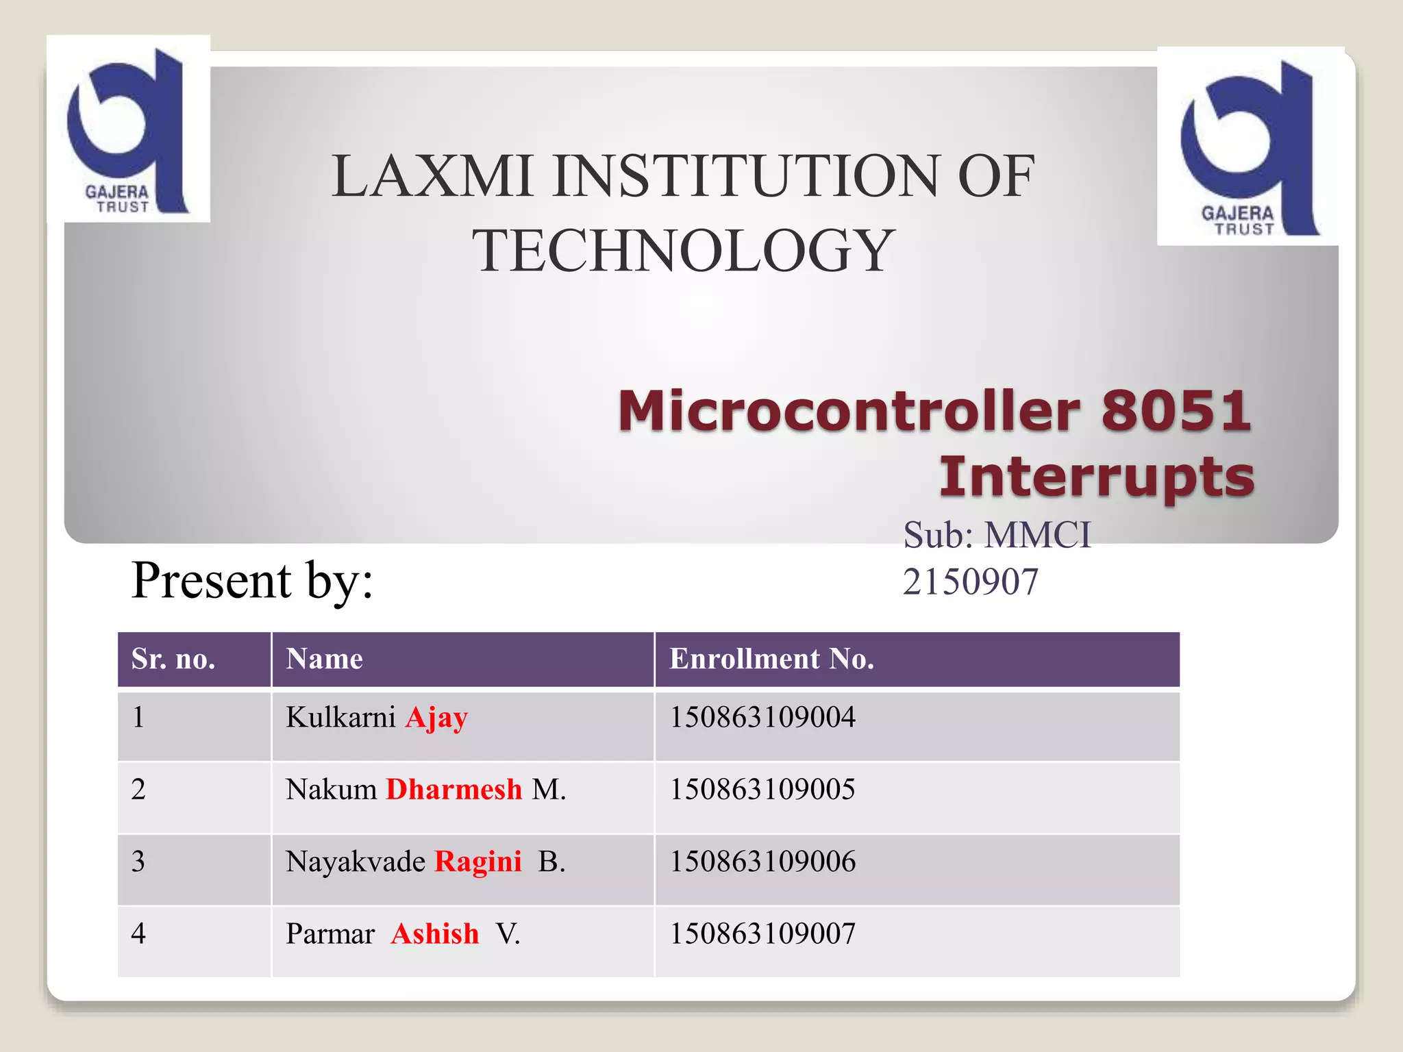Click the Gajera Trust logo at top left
coord(128,129)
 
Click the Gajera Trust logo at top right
coord(1248,147)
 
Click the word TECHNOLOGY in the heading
coord(683,251)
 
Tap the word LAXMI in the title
coord(432,176)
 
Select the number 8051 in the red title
coord(1176,411)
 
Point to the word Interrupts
coord(1096,477)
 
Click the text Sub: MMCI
coord(997,535)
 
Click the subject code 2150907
coord(970,582)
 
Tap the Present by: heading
coord(252,580)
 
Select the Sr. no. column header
coord(173,659)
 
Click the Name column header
coord(324,659)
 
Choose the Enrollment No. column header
coord(771,659)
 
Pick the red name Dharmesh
coord(454,790)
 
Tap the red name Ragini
coord(478,862)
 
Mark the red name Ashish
coord(435,934)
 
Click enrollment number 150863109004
coord(762,717)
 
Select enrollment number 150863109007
coord(762,934)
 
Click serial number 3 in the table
coord(138,862)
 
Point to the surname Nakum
coord(331,790)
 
